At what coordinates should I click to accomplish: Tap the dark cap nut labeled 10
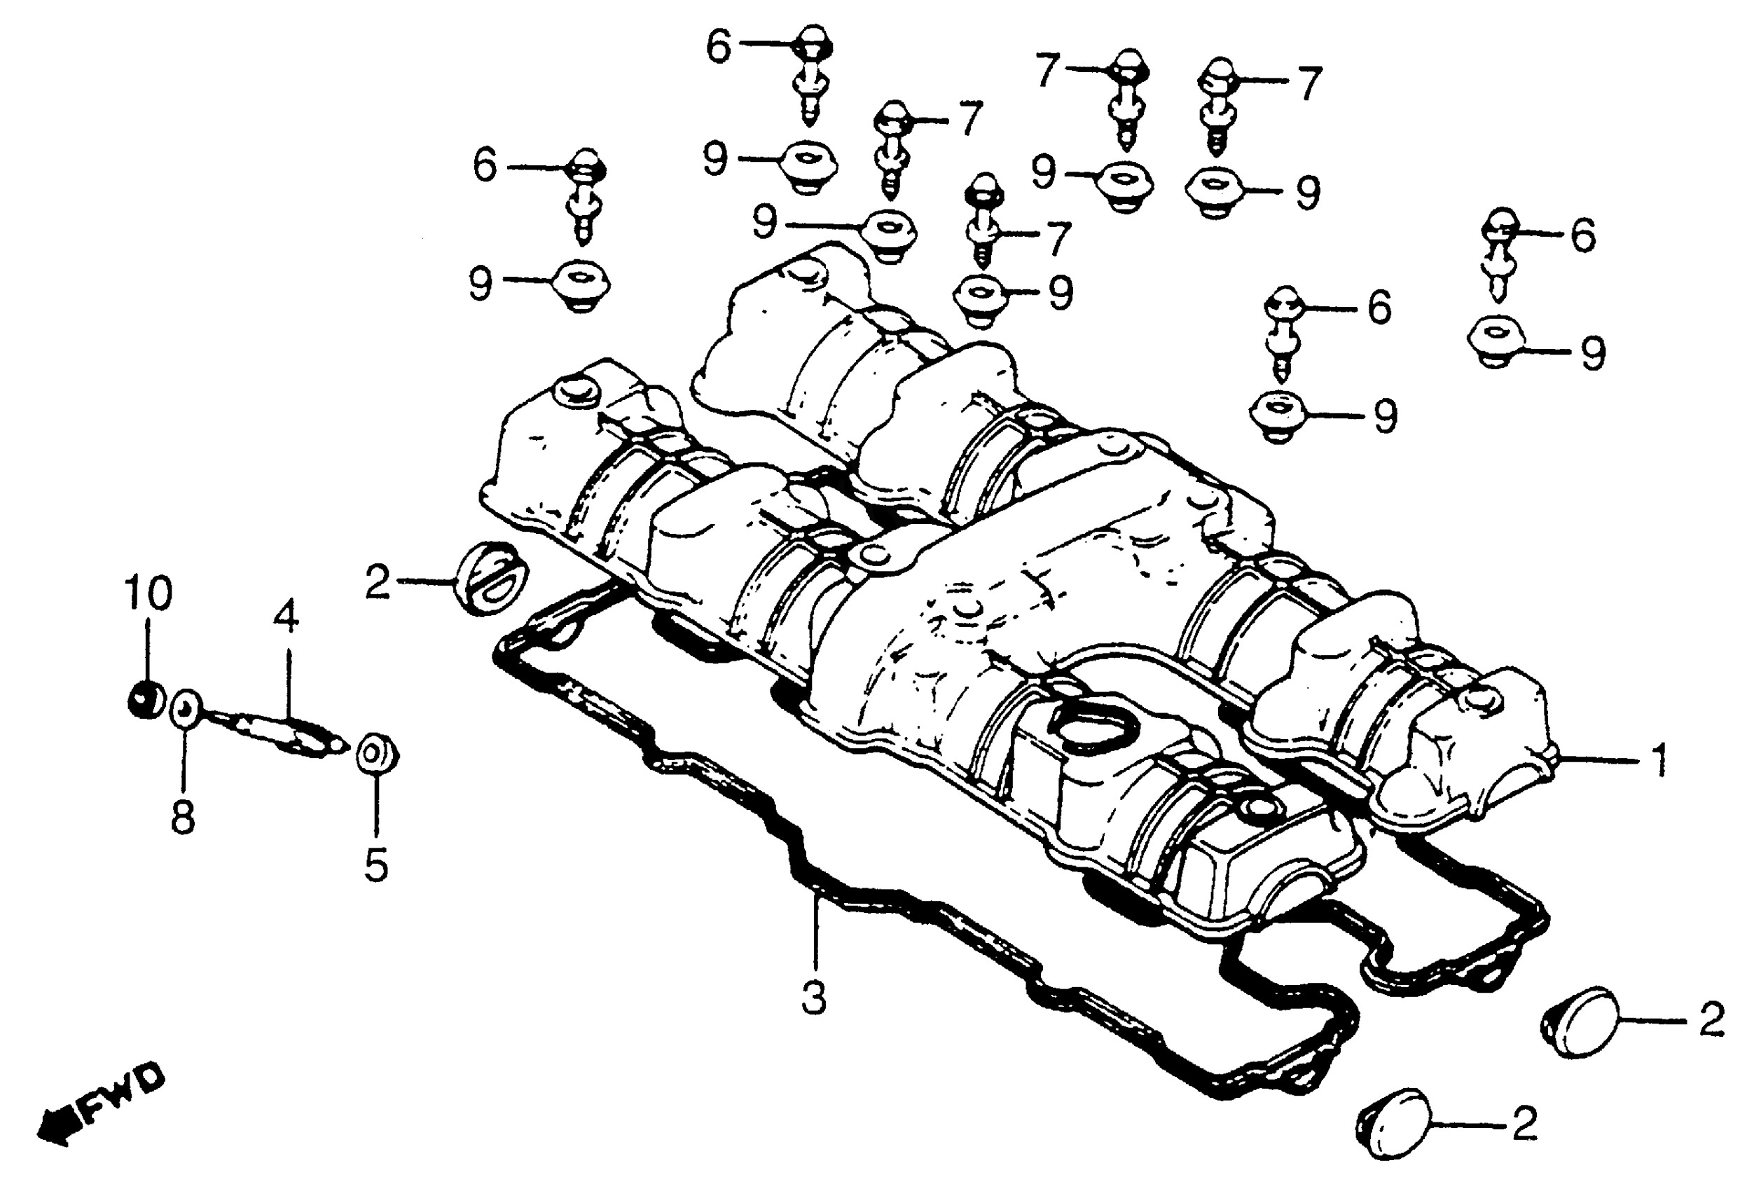pos(145,699)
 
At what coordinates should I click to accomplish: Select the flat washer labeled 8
pos(186,708)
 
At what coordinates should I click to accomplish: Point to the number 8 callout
pos(184,817)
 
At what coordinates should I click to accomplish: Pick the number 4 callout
pos(286,617)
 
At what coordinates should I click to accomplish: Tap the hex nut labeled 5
pos(377,753)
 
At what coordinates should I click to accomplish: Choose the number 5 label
pos(376,865)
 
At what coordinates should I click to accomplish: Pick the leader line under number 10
pos(147,649)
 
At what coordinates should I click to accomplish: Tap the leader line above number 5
pos(376,808)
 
